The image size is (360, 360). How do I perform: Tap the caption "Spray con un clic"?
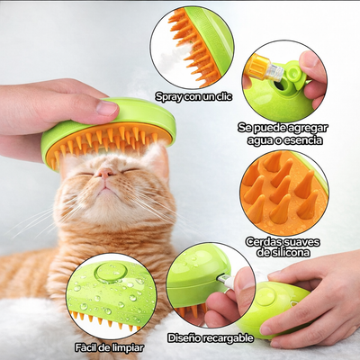(192, 96)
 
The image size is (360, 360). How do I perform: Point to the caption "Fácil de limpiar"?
(108, 346)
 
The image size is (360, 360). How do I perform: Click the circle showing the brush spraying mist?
(191, 47)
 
